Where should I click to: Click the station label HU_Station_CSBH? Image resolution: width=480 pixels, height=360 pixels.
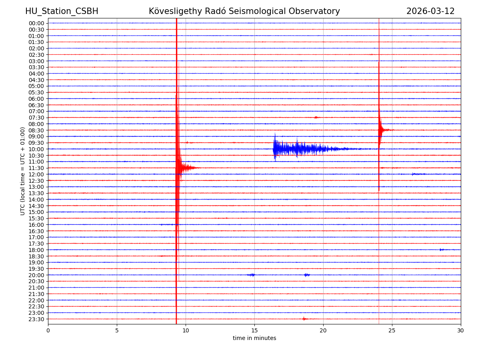pyautogui.click(x=62, y=11)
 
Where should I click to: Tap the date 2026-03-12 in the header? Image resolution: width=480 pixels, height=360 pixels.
pyautogui.click(x=430, y=11)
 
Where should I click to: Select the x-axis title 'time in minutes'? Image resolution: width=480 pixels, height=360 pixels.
pyautogui.click(x=254, y=338)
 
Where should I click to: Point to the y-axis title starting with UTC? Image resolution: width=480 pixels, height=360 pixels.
pyautogui.click(x=23, y=171)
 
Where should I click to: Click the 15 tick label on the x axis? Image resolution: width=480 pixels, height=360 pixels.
pyautogui.click(x=254, y=331)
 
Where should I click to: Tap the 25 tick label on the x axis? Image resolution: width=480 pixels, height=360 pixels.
pyautogui.click(x=392, y=331)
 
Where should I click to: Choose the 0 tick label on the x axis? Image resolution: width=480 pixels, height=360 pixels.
pyautogui.click(x=48, y=331)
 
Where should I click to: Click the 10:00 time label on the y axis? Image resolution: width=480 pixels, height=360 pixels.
pyautogui.click(x=36, y=149)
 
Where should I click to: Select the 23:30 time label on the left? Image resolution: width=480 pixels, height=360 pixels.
pyautogui.click(x=36, y=319)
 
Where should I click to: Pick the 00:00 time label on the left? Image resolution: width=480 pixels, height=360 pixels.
pyautogui.click(x=36, y=23)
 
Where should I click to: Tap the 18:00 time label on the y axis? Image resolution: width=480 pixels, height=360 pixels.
pyautogui.click(x=36, y=250)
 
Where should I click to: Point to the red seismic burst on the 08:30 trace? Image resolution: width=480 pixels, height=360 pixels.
pyautogui.click(x=385, y=130)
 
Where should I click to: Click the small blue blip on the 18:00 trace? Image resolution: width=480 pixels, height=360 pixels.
pyautogui.click(x=442, y=250)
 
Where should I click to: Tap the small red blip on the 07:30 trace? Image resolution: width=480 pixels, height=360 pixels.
pyautogui.click(x=316, y=117)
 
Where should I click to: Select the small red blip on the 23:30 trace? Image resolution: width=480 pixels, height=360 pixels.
pyautogui.click(x=304, y=319)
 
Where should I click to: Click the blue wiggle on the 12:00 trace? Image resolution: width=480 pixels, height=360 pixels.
pyautogui.click(x=418, y=174)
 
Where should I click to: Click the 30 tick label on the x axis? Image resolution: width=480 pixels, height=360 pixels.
pyautogui.click(x=461, y=331)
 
